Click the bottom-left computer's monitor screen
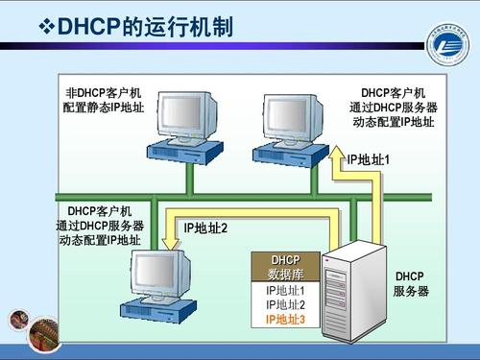pyautogui.click(x=155, y=273)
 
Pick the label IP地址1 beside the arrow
pyautogui.click(x=369, y=159)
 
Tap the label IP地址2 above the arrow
pyautogui.click(x=204, y=228)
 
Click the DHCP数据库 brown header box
pyautogui.click(x=285, y=267)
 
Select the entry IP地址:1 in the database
pyautogui.click(x=285, y=290)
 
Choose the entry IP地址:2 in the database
pyautogui.click(x=285, y=304)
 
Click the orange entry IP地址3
pyautogui.click(x=285, y=319)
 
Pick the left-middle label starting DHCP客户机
pyautogui.click(x=99, y=225)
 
